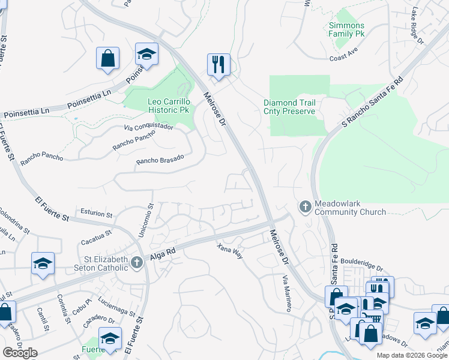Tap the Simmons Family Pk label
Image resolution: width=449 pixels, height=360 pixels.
pyautogui.click(x=346, y=29)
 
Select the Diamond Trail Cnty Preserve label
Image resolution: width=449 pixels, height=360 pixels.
pyautogui.click(x=289, y=107)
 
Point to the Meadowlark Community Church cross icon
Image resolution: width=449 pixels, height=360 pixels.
pyautogui.click(x=305, y=207)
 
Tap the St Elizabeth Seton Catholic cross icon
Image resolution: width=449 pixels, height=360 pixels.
pyautogui.click(x=137, y=262)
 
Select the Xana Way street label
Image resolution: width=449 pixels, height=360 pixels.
pyautogui.click(x=230, y=250)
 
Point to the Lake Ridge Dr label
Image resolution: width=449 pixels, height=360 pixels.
pyautogui.click(x=417, y=26)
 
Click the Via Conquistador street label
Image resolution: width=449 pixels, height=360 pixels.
pyautogui.click(x=148, y=127)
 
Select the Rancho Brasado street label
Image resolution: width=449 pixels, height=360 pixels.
pyautogui.click(x=160, y=160)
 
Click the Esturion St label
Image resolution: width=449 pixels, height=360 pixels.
pyautogui.click(x=96, y=214)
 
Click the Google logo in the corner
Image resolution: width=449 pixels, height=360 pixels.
pyautogui.click(x=20, y=353)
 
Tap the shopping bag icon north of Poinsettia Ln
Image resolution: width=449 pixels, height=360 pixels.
pyautogui.click(x=108, y=58)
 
